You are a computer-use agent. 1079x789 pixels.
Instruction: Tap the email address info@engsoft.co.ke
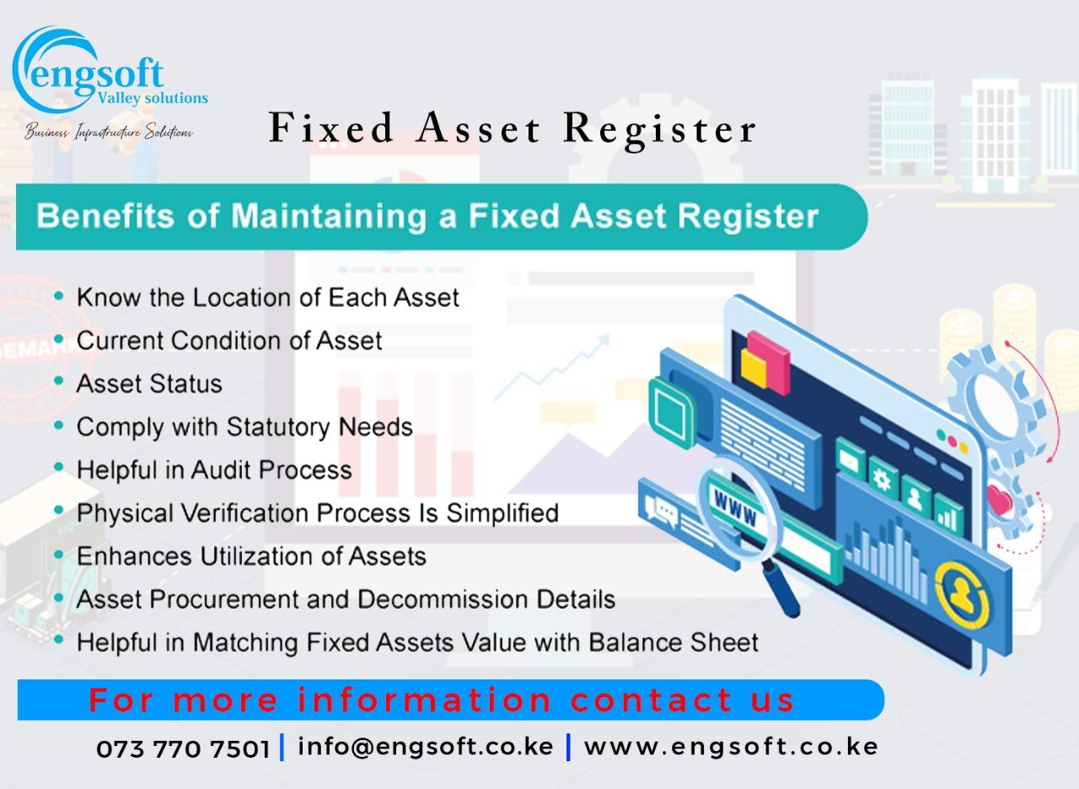[426, 747]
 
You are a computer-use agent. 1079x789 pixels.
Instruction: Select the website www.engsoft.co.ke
[731, 747]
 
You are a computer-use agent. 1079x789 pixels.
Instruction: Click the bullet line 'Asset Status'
[149, 384]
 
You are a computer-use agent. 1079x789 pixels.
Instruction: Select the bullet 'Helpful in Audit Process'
[214, 470]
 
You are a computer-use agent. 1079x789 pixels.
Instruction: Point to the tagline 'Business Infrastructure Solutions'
[109, 132]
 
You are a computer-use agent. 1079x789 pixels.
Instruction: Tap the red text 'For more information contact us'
[442, 700]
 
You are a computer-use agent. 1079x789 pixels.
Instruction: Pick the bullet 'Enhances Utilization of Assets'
[251, 556]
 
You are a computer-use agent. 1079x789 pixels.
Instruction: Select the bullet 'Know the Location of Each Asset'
[268, 298]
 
